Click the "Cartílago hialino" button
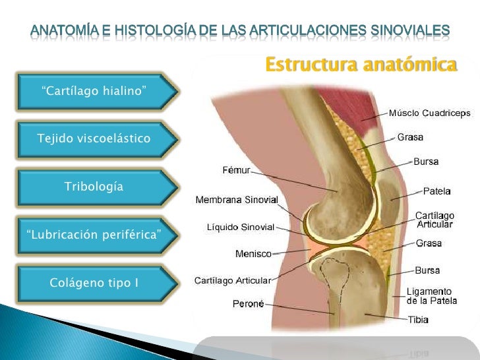tap(94, 90)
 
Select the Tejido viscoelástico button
tap(94, 138)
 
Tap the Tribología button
tap(94, 187)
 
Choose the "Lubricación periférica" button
tap(94, 235)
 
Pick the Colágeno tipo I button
tap(94, 283)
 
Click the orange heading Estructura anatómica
tap(360, 65)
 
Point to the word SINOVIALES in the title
tap(402, 30)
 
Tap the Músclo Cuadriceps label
tap(429, 113)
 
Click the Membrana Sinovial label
tap(237, 200)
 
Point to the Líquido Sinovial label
tap(240, 227)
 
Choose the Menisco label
tap(253, 253)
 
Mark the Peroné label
tap(249, 304)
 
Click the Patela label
tap(436, 192)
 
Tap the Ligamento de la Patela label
tap(429, 296)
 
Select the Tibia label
tap(417, 320)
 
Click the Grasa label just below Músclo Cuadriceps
tap(410, 138)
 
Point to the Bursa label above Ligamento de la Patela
tap(427, 270)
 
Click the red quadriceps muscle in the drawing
tap(343, 105)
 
